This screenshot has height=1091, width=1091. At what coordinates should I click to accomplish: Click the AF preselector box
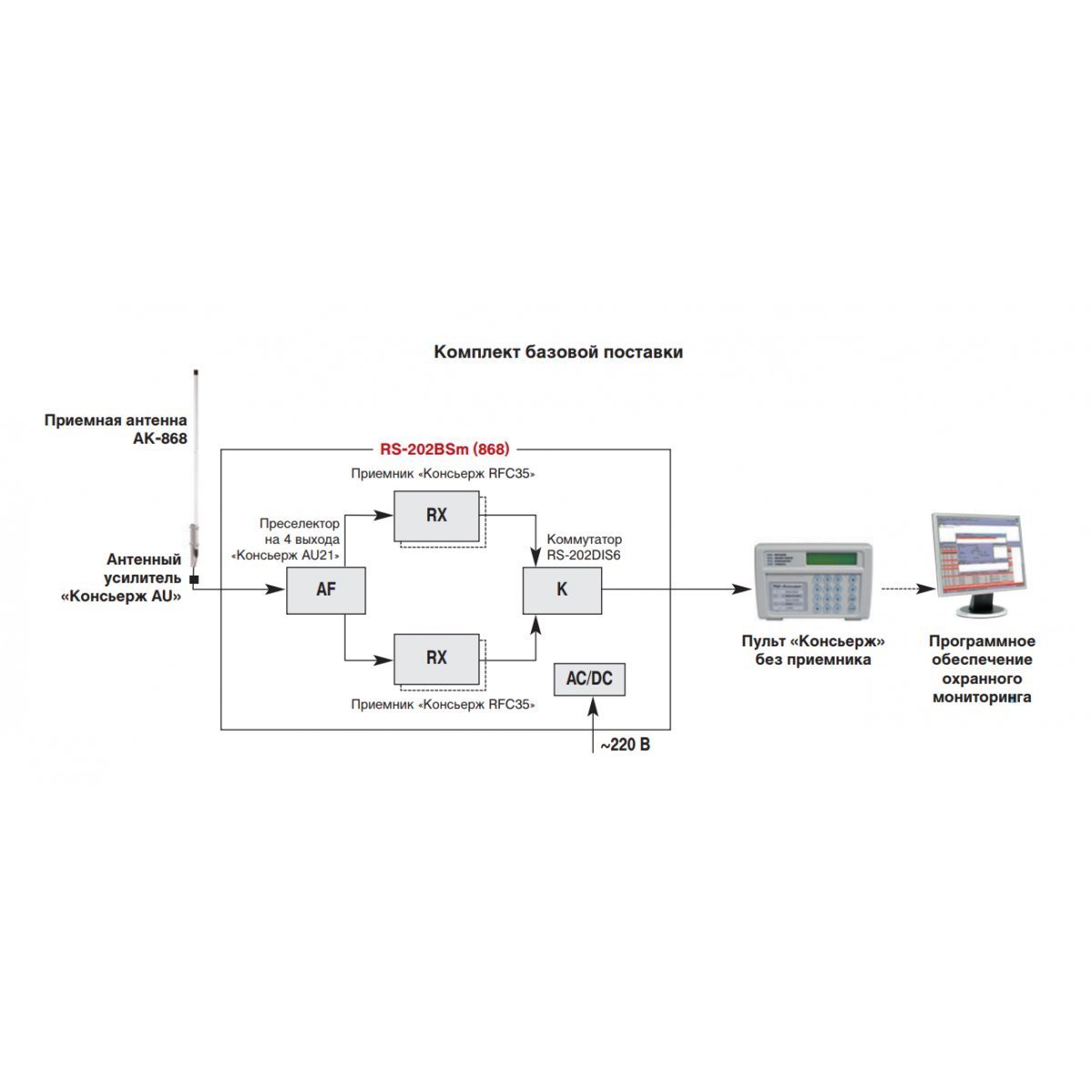[x=325, y=590]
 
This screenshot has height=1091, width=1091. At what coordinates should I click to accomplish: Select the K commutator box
[x=562, y=590]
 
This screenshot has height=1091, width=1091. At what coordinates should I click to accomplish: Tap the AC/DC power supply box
[x=589, y=679]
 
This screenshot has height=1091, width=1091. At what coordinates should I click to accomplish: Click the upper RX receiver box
[x=436, y=515]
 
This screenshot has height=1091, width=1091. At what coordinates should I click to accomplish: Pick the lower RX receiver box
[x=436, y=658]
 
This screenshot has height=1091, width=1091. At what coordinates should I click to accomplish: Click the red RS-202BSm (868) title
[x=445, y=449]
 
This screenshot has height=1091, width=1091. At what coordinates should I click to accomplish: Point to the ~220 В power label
[x=625, y=745]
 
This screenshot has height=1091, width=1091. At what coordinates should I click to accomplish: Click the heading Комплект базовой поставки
[x=558, y=352]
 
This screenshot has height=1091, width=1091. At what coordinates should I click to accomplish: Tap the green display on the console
[x=831, y=559]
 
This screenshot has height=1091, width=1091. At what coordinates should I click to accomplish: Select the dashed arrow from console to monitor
[x=908, y=589]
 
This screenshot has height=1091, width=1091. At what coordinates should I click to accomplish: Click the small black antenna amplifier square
[x=194, y=579]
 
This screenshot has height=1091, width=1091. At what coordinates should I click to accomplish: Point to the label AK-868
[x=160, y=438]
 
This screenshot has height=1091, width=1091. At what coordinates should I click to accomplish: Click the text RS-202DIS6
[x=583, y=555]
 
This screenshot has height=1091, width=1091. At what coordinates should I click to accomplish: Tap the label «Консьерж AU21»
[x=285, y=555]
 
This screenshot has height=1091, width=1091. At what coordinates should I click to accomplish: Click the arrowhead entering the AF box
[x=275, y=589]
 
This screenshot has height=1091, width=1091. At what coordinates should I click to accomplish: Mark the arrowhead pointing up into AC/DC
[x=593, y=706]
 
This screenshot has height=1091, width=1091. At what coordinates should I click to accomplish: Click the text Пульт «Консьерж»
[x=813, y=641]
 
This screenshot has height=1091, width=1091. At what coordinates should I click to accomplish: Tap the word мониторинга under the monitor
[x=982, y=697]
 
